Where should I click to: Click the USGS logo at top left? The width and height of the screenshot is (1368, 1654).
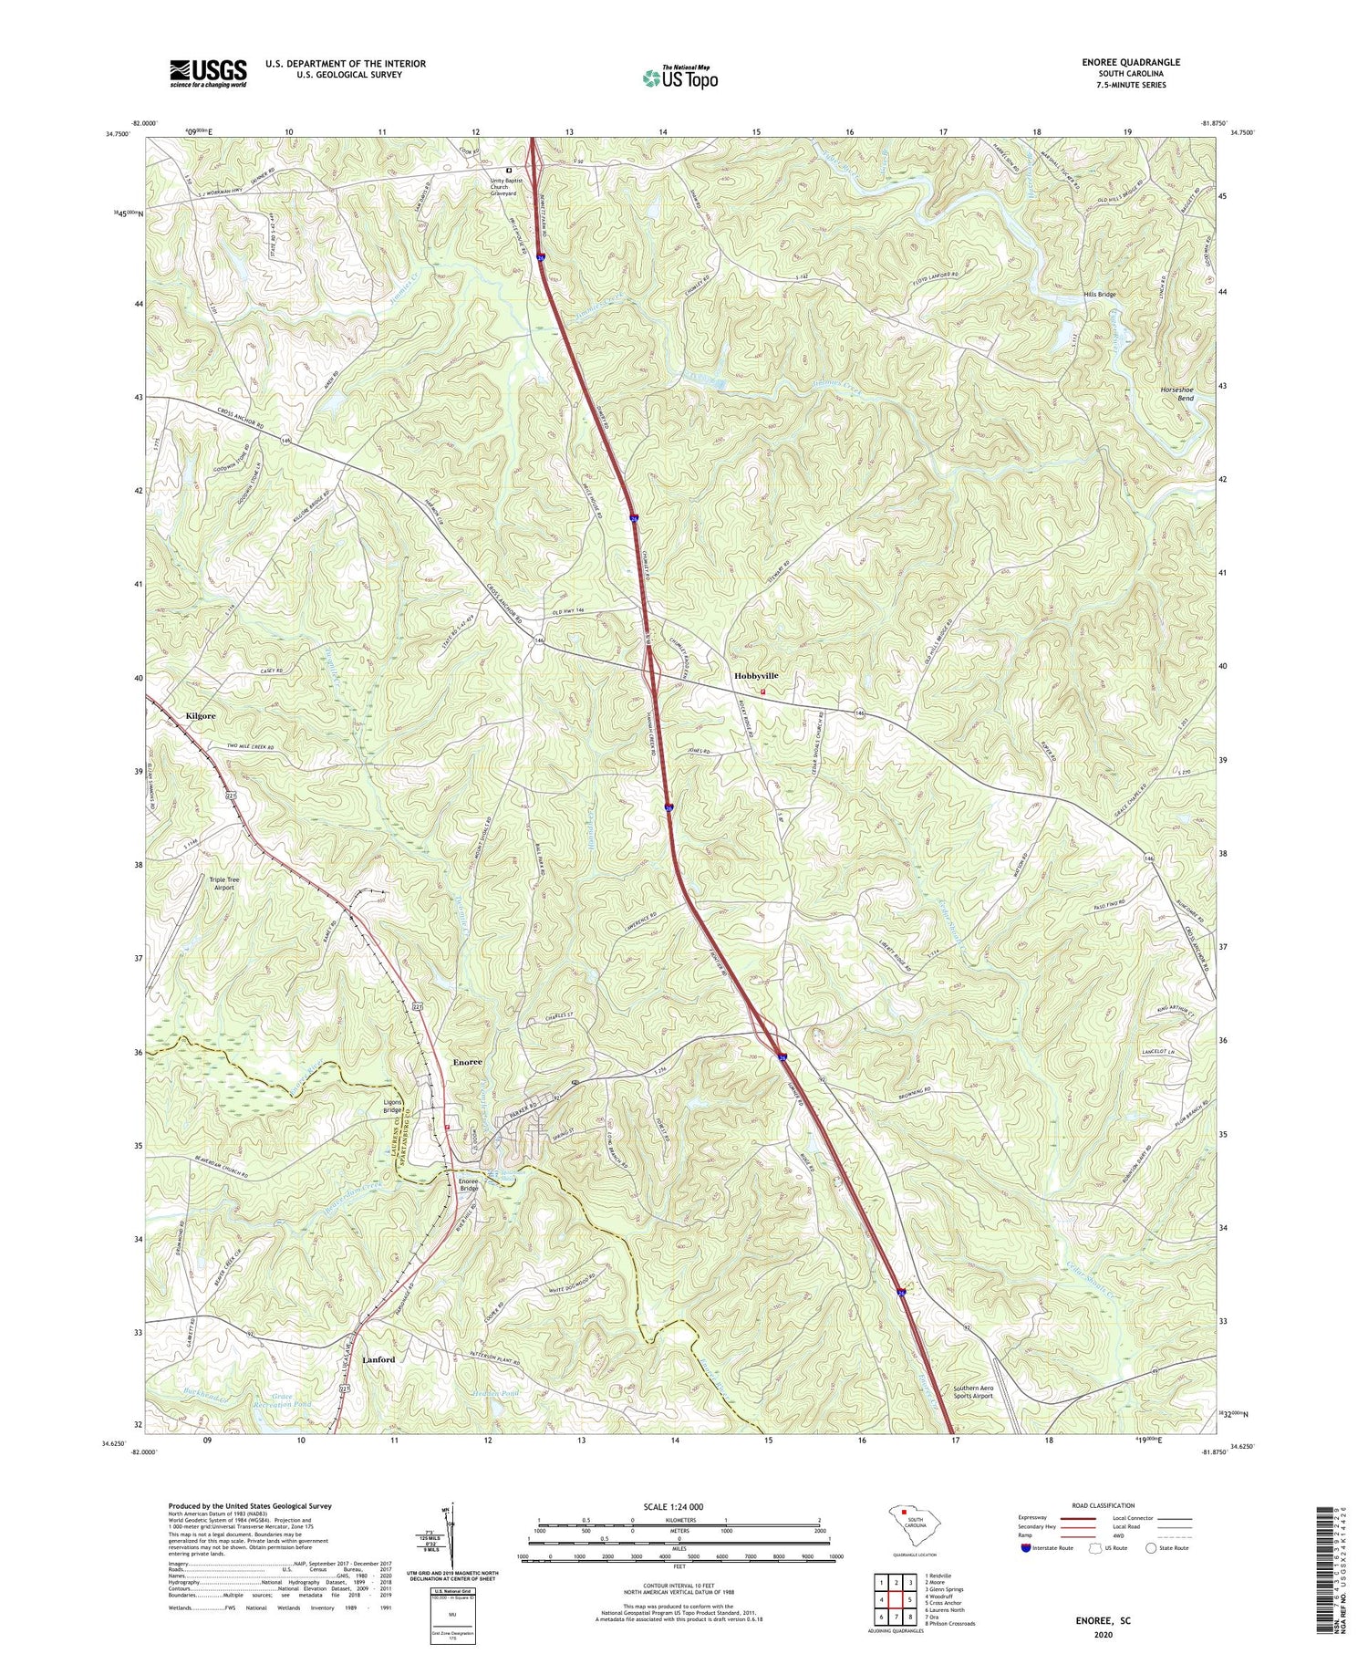(x=208, y=73)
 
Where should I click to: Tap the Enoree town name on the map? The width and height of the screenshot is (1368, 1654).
(x=467, y=1063)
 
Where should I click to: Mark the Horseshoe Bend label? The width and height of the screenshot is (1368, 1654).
(x=1177, y=394)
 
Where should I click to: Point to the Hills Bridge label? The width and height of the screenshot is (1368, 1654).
(x=1099, y=295)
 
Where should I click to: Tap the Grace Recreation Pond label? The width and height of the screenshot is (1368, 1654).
(x=285, y=1401)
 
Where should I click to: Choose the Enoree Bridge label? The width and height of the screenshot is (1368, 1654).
(x=468, y=1184)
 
